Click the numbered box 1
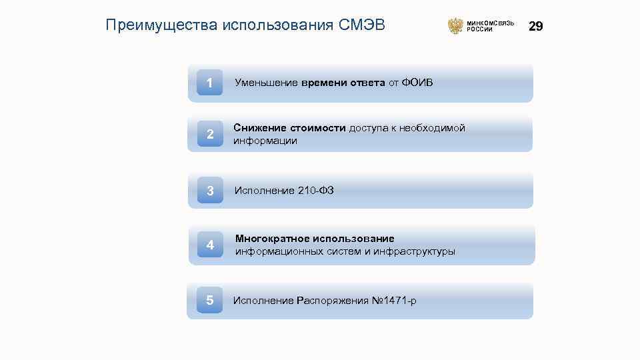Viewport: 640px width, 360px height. point(210,83)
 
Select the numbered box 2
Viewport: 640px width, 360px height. point(210,134)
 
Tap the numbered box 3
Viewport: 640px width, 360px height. point(210,191)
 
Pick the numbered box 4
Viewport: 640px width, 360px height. point(210,245)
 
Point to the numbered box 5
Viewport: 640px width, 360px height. point(210,301)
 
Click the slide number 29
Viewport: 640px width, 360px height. point(536,26)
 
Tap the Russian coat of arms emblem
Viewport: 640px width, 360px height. point(455,26)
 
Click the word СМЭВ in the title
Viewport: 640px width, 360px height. point(362,25)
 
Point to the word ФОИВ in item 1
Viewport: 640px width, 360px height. point(417,83)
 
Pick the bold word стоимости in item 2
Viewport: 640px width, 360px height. point(318,128)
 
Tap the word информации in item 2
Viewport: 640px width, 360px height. point(265,141)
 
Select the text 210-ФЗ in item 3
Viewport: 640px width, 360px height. point(315,191)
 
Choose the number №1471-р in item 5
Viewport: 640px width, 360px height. point(394,301)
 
